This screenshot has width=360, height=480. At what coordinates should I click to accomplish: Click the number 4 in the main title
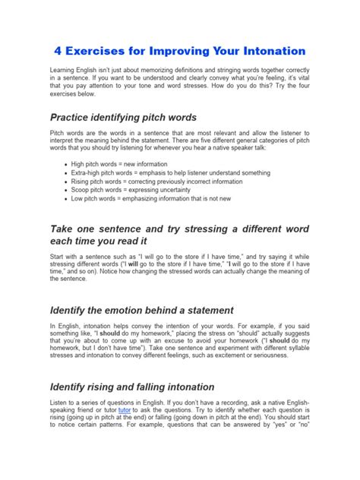click(57, 51)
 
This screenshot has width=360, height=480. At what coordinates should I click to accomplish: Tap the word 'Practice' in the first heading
click(74, 118)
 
